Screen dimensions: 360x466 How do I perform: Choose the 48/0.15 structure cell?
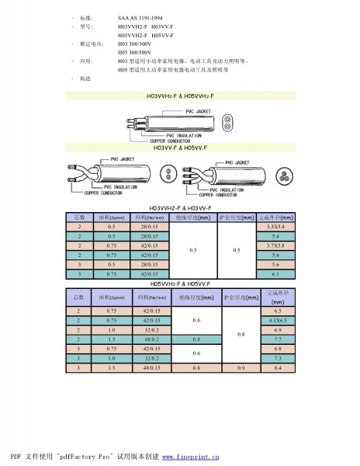(x=151, y=367)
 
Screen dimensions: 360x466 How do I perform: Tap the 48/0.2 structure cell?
(x=151, y=339)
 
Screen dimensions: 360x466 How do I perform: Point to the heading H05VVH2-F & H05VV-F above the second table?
(x=179, y=284)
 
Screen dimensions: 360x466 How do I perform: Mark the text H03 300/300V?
(x=137, y=44)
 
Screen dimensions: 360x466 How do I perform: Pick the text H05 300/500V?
(x=137, y=52)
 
